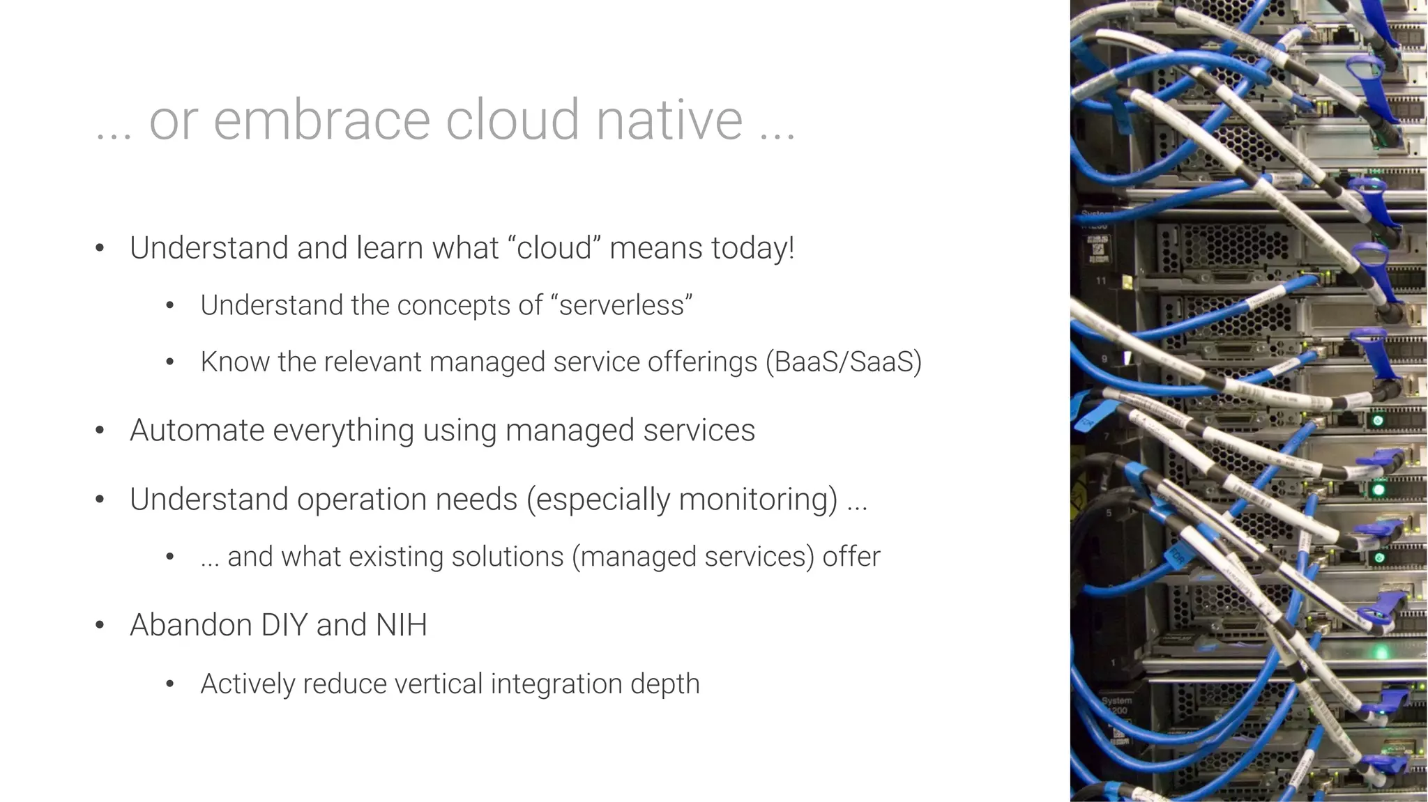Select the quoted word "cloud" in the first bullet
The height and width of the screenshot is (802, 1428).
[x=554, y=248]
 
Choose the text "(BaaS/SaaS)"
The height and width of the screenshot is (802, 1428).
[x=843, y=362]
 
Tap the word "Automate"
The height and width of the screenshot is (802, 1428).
[x=197, y=430]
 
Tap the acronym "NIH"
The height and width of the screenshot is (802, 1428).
[x=401, y=624]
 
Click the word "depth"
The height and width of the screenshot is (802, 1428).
[x=664, y=684]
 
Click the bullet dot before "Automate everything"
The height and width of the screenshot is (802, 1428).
[x=100, y=431]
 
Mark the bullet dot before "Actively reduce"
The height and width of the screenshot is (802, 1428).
[x=169, y=684]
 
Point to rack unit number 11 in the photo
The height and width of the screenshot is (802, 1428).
[x=1101, y=281]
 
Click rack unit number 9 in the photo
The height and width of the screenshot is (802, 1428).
[x=1104, y=359]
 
